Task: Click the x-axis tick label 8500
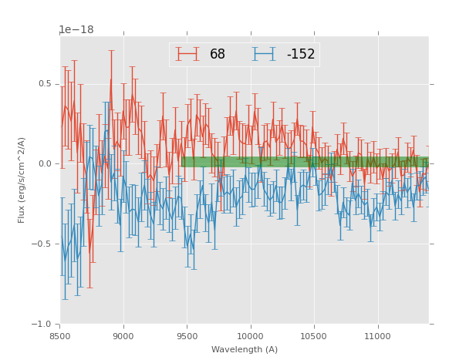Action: (x=60, y=336)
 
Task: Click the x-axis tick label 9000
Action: (x=123, y=336)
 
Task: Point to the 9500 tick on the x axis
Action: (x=187, y=336)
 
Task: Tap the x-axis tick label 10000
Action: (x=250, y=336)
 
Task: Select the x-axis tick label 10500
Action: (x=313, y=336)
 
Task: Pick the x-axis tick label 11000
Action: (x=376, y=336)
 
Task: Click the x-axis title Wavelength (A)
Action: (x=245, y=349)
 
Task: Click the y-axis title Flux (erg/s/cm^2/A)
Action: (x=22, y=180)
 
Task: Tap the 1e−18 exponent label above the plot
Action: (x=76, y=30)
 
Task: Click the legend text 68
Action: (x=218, y=55)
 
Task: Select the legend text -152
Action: (x=300, y=55)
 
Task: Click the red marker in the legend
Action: (x=187, y=54)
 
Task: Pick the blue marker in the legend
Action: (x=265, y=54)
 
